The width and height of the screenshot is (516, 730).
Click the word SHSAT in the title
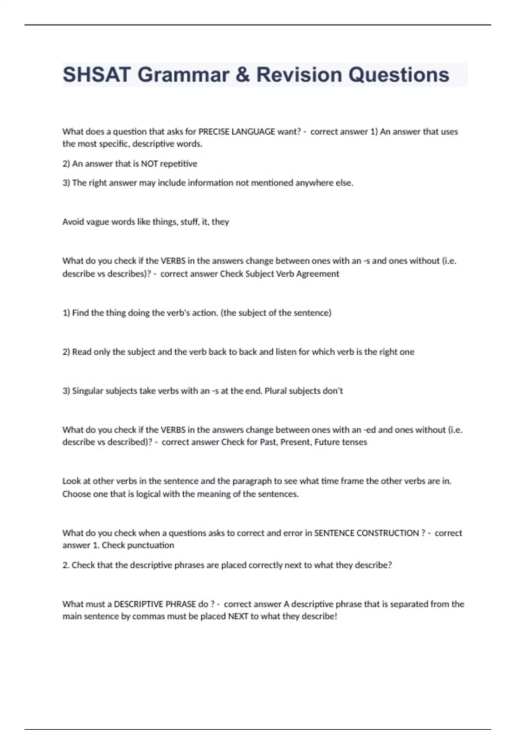coord(96,75)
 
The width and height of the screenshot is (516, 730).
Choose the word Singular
coord(88,391)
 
